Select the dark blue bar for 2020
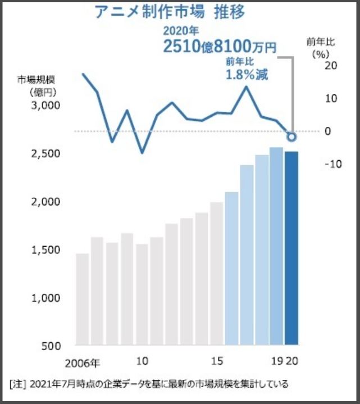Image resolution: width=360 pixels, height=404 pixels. click(x=291, y=247)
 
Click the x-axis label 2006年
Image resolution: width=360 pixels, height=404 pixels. click(x=83, y=361)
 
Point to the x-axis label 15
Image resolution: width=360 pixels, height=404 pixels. click(x=216, y=360)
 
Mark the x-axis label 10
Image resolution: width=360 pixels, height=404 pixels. click(x=142, y=360)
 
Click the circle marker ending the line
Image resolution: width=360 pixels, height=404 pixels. click(x=291, y=136)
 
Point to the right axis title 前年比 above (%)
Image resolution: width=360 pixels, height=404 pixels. click(x=318, y=42)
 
